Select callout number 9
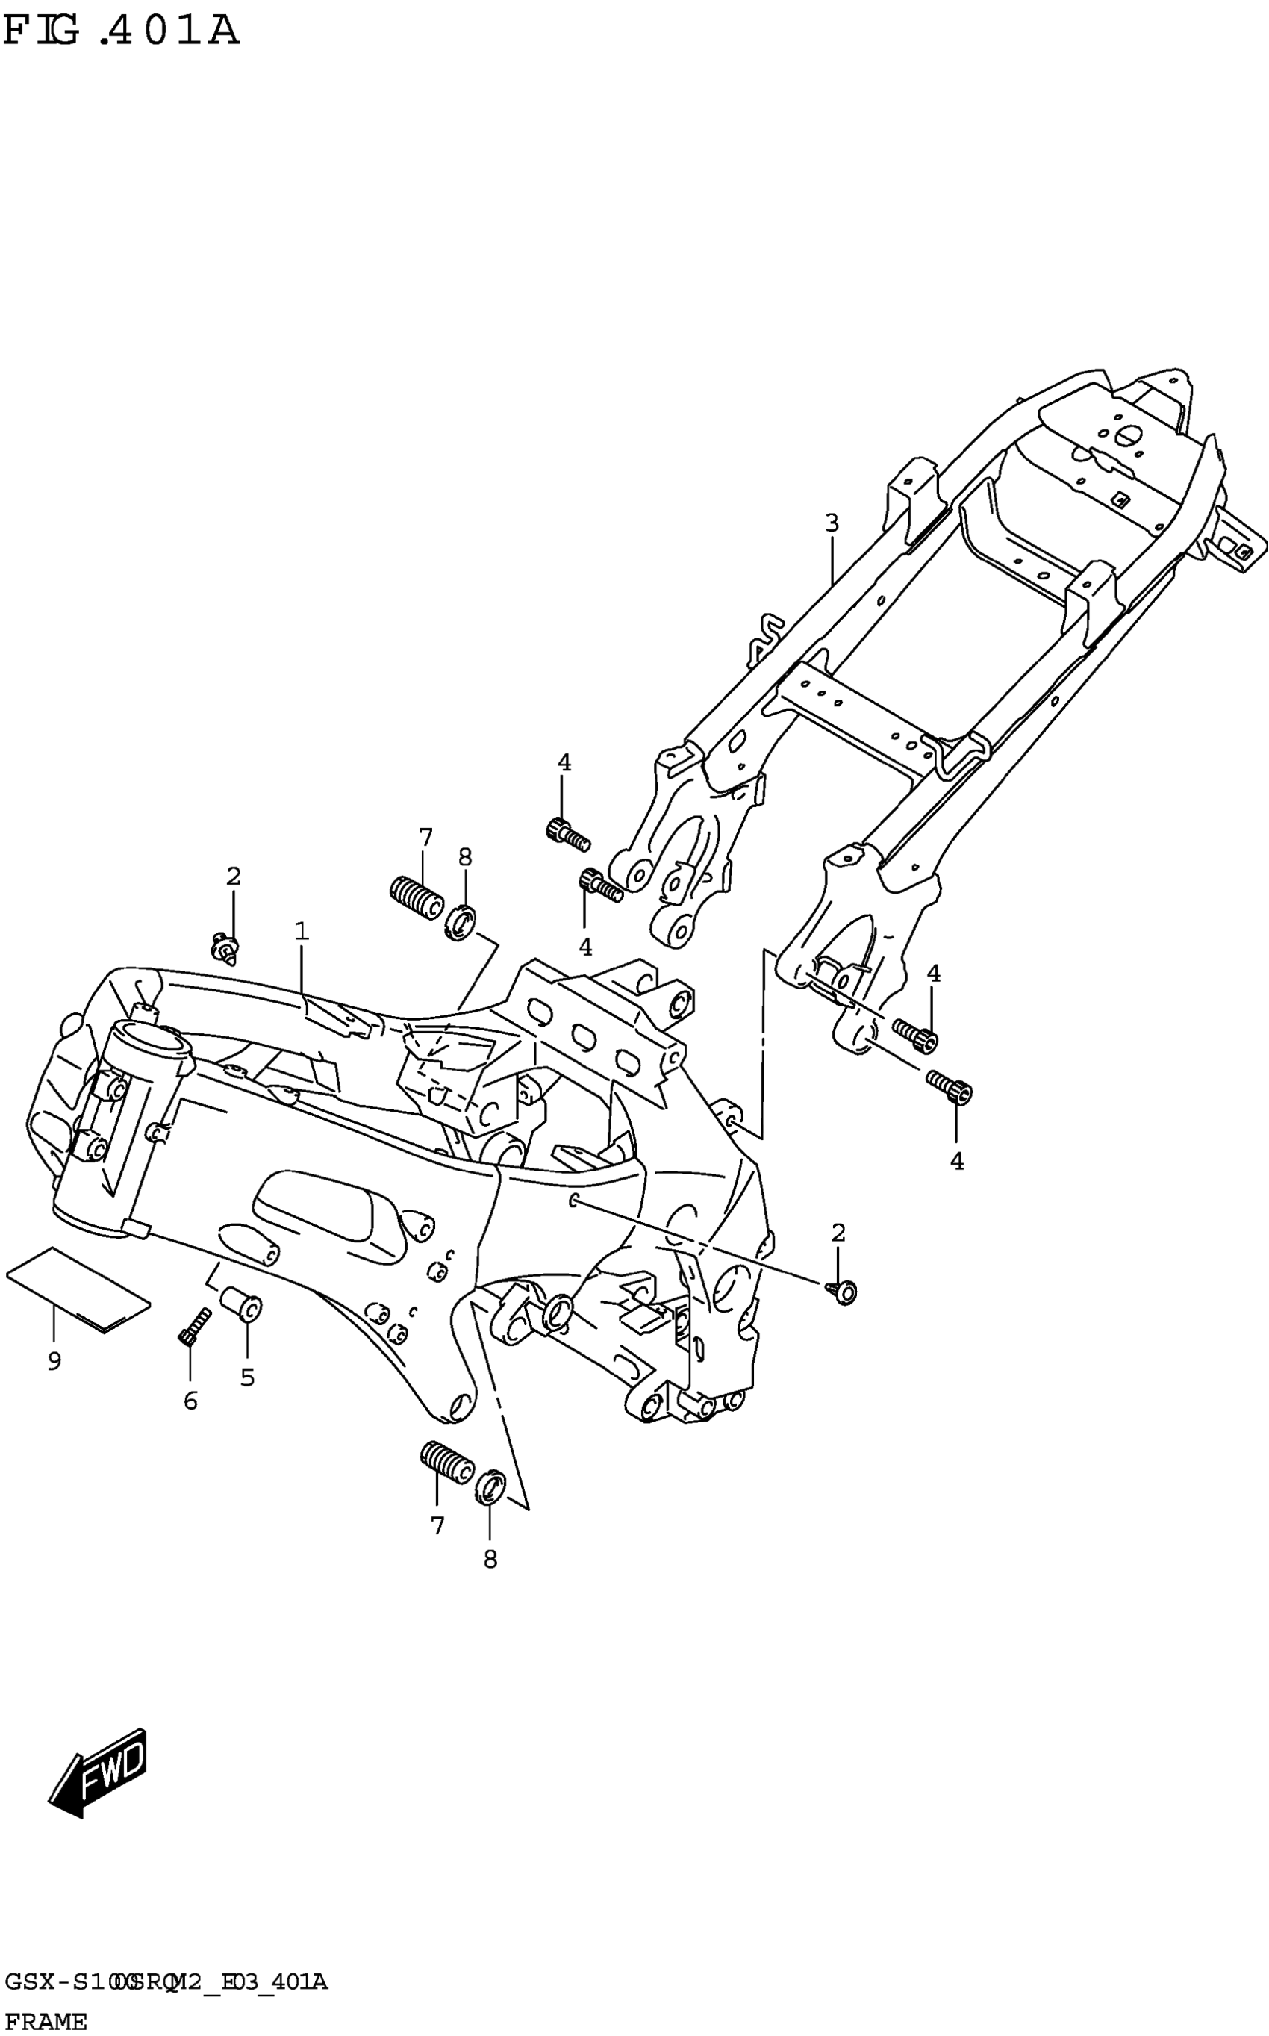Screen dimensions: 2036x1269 pos(54,1361)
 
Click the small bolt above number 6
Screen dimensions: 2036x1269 pos(194,1326)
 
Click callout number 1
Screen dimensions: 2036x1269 pos(302,931)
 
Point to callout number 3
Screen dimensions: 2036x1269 pos(831,523)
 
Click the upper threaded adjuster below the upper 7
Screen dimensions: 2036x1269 pos(417,897)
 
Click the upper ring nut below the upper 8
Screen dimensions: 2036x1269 pos(460,922)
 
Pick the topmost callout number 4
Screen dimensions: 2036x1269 pos(564,763)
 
